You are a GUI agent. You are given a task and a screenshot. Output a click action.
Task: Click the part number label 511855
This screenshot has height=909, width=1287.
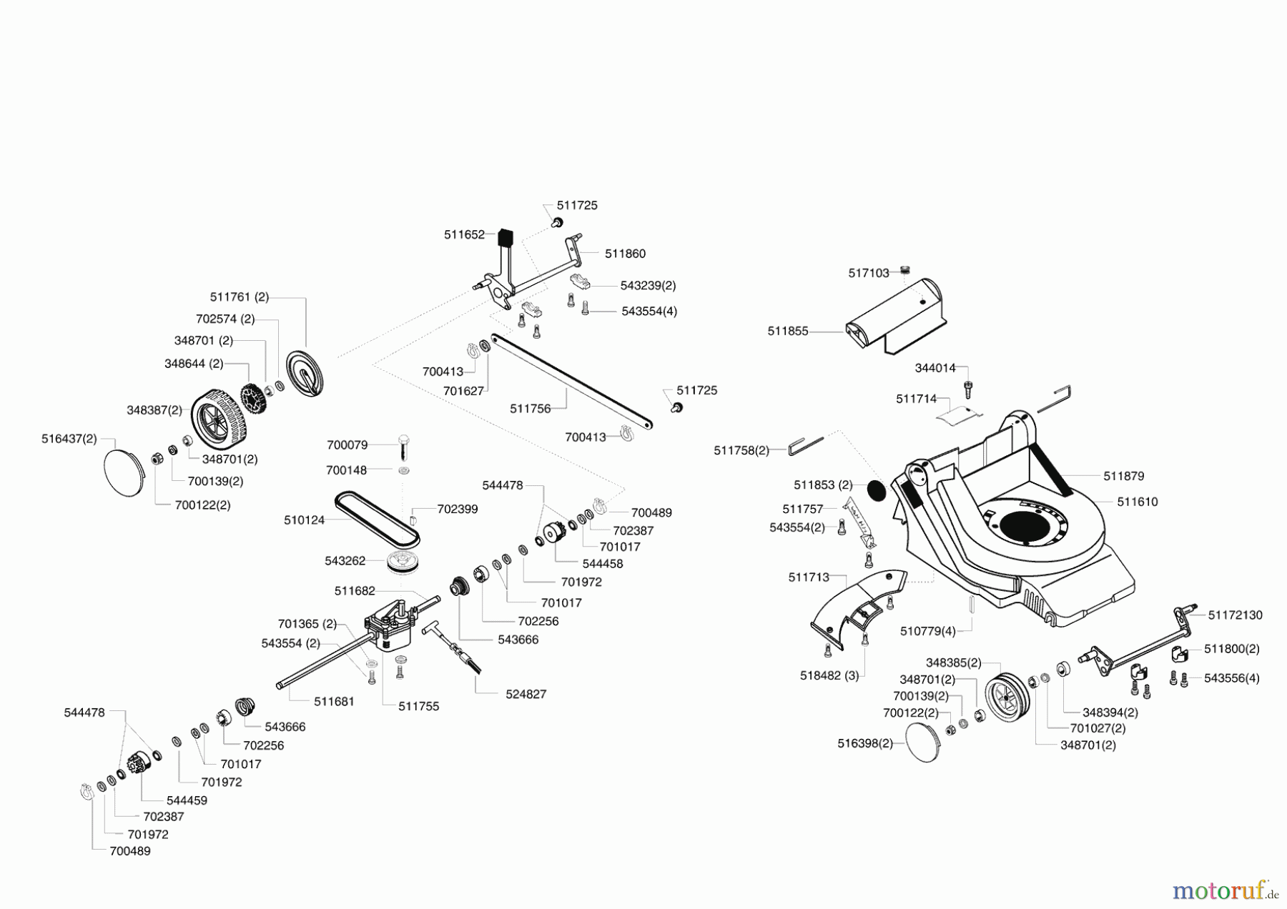788,332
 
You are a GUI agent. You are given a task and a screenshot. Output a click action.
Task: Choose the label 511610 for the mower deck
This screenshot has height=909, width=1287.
1138,502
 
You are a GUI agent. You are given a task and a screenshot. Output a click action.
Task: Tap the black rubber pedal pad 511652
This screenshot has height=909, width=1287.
506,237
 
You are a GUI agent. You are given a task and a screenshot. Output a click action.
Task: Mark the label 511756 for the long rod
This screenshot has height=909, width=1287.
530,409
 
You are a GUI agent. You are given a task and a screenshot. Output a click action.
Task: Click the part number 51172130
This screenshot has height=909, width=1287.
1236,615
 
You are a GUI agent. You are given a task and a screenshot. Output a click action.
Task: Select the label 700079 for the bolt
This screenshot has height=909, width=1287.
347,444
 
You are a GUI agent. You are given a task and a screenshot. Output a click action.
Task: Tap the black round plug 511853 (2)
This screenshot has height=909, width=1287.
876,491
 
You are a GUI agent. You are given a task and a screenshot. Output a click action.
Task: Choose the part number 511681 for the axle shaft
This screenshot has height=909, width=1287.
334,702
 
